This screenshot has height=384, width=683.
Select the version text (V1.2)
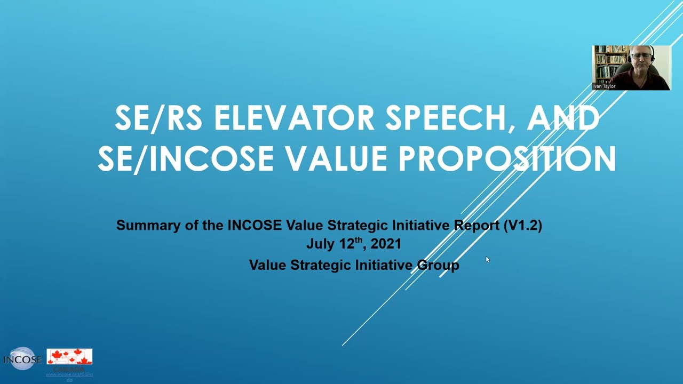click(522, 225)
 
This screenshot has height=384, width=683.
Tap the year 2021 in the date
click(386, 244)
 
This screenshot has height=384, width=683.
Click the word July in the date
click(320, 244)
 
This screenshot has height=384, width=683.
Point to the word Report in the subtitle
click(476, 225)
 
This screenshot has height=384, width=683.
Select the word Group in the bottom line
click(438, 265)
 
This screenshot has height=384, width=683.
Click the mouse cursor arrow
click(487, 259)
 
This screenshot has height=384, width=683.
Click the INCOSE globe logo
click(22, 359)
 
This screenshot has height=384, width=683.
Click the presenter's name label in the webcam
click(605, 86)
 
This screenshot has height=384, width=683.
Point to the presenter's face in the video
click(640, 59)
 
